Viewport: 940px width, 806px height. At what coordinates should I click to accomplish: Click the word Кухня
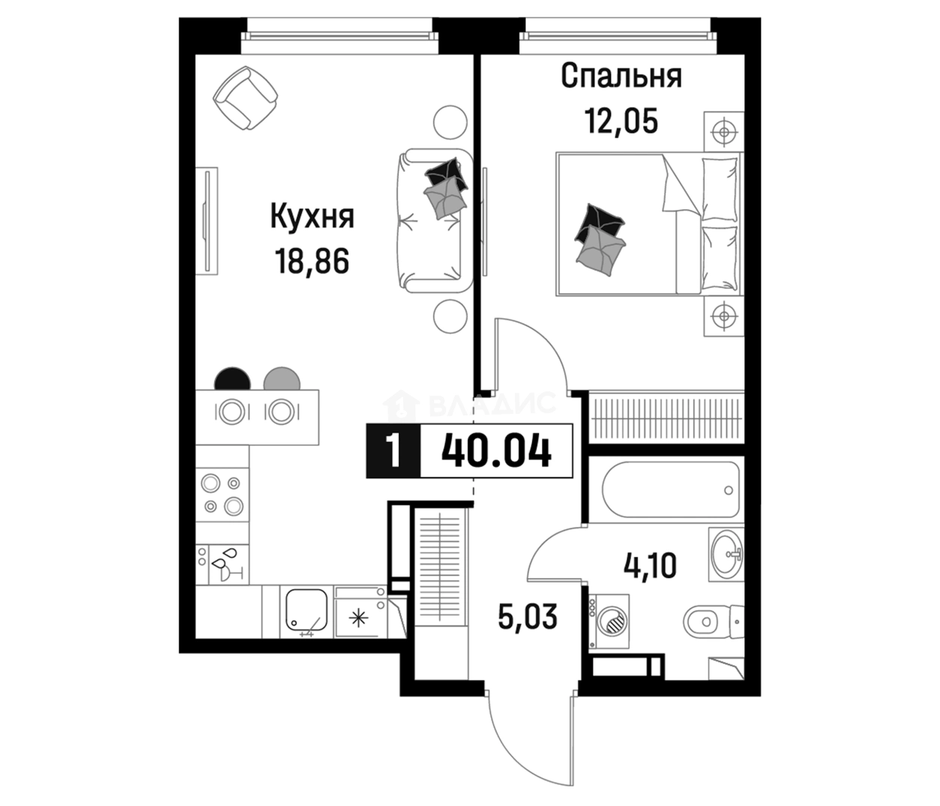[x=312, y=217]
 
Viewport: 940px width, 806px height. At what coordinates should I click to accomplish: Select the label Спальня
[x=621, y=76]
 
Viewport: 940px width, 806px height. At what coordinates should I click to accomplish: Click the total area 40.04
[x=497, y=451]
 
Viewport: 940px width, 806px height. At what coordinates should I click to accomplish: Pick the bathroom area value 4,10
[x=650, y=565]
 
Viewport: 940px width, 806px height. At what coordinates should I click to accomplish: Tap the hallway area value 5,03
[x=528, y=617]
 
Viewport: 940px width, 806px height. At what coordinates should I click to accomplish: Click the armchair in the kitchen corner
[x=245, y=97]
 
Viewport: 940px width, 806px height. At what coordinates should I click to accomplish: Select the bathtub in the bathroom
[x=671, y=490]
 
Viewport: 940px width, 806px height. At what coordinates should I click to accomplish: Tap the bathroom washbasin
[x=726, y=554]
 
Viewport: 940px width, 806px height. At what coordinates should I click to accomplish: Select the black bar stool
[x=232, y=379]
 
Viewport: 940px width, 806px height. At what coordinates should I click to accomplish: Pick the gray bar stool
[x=282, y=379]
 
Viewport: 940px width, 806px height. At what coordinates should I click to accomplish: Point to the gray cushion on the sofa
[x=445, y=198]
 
